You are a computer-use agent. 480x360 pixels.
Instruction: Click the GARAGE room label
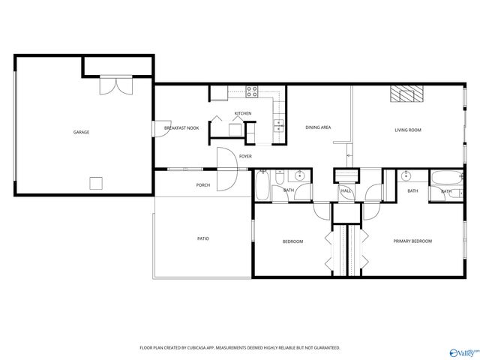tap(81, 132)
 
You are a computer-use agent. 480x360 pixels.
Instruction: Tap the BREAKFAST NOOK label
tap(181, 129)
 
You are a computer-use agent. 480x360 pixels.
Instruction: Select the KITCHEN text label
tap(242, 113)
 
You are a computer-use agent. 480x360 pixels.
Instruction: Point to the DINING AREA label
tap(318, 127)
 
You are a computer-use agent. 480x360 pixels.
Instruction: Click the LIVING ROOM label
tap(408, 130)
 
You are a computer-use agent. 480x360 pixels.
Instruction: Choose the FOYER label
tap(245, 156)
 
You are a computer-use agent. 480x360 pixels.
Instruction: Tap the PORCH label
tap(202, 184)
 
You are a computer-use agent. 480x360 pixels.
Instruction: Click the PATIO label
tap(203, 238)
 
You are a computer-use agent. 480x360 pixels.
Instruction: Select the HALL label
tap(346, 191)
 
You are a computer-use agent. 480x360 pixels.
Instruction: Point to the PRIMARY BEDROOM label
tap(413, 241)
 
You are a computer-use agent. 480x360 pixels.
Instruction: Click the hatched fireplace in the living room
tap(406, 94)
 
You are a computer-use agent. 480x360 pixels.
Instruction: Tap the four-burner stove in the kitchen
tap(253, 93)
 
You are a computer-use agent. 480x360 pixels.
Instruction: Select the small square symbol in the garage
tap(96, 183)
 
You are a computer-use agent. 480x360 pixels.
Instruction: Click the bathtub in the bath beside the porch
tap(262, 185)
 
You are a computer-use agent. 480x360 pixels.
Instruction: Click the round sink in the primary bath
tap(406, 176)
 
